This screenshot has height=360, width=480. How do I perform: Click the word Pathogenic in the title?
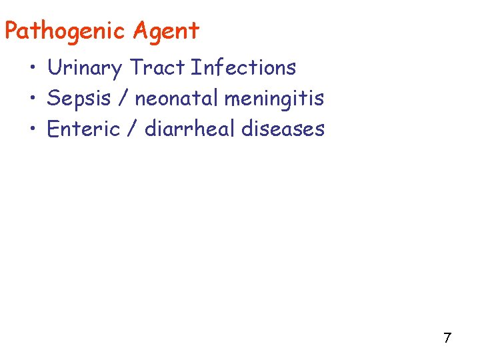(x=65, y=31)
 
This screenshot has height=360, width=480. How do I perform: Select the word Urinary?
(x=85, y=67)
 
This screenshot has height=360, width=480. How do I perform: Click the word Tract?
(x=157, y=67)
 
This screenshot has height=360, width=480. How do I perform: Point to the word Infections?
(x=243, y=67)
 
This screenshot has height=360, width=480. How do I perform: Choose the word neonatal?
(x=177, y=99)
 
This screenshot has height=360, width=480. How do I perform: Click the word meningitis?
(x=274, y=99)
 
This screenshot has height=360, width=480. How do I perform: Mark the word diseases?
(x=283, y=129)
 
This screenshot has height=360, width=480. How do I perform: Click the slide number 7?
(x=447, y=338)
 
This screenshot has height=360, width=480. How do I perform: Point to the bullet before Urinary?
(x=32, y=69)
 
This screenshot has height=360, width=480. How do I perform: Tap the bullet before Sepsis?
(x=32, y=99)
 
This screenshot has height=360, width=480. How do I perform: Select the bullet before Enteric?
(x=32, y=129)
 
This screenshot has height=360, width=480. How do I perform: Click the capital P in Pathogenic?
(x=11, y=31)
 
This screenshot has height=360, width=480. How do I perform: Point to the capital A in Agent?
(x=141, y=31)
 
